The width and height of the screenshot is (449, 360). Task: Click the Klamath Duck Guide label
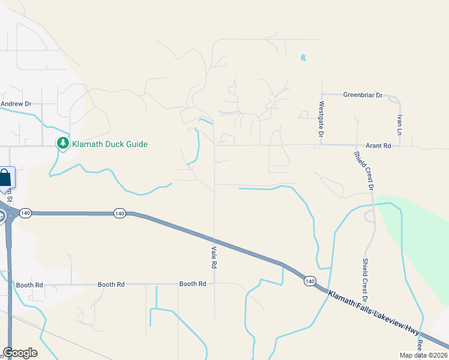tap(110, 144)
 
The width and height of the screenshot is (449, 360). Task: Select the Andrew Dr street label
tap(16, 104)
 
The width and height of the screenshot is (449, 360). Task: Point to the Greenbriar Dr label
tap(363, 95)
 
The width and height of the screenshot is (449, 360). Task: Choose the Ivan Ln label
tap(399, 124)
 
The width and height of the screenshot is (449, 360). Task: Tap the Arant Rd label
tap(378, 146)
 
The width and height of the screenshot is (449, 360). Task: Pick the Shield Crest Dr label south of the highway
tap(365, 280)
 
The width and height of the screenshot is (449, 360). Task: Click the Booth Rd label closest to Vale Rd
tap(193, 284)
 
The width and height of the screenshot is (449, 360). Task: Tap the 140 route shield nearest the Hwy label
tap(310, 281)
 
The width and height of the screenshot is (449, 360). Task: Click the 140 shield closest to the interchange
tap(25, 213)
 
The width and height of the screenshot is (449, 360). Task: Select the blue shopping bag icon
tap(5, 178)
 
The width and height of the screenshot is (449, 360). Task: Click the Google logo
tap(20, 353)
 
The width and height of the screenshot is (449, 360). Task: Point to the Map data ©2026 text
tap(423, 355)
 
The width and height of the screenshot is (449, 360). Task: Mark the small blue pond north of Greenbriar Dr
tap(303, 58)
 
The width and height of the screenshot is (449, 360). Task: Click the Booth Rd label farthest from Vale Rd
tap(29, 284)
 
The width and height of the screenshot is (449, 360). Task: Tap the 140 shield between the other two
tap(119, 214)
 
